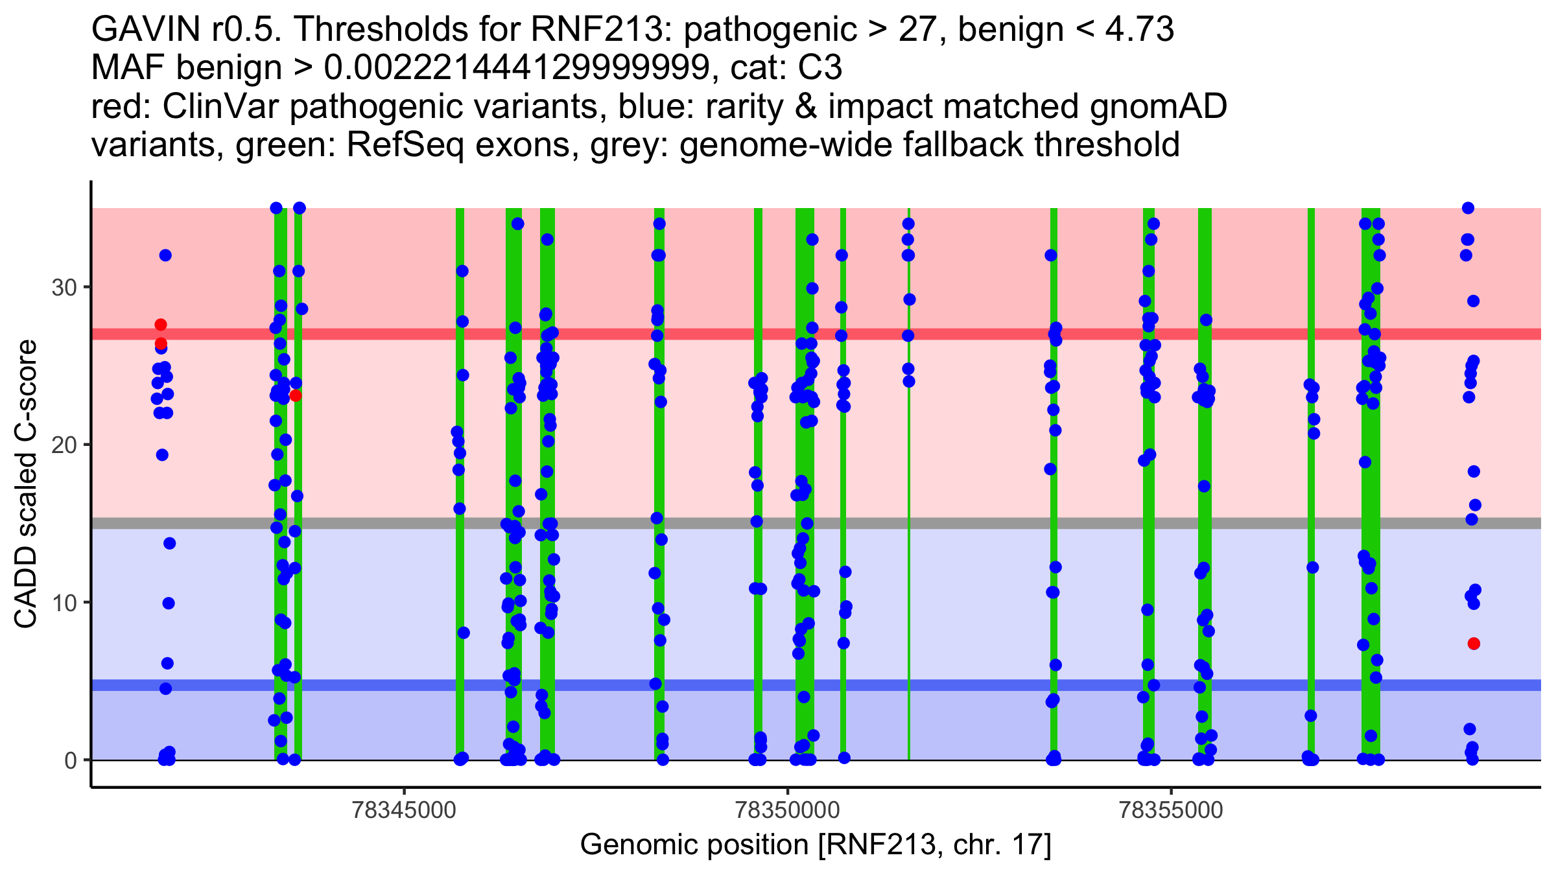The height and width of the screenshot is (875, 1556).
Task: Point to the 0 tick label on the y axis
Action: (70, 760)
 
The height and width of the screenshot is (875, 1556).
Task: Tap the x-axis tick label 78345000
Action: (405, 810)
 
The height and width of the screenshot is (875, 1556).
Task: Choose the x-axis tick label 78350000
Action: (788, 810)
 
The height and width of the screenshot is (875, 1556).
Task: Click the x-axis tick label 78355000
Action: (1171, 810)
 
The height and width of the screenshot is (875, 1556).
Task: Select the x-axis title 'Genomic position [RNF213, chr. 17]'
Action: (815, 845)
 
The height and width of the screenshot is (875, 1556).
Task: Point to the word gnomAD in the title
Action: (1158, 106)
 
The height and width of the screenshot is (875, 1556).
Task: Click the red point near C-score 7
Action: (1474, 644)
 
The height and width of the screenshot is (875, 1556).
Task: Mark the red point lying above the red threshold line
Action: (161, 325)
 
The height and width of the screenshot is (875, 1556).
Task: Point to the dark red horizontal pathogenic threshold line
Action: (972, 334)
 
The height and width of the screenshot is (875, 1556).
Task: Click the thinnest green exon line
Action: (908, 583)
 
